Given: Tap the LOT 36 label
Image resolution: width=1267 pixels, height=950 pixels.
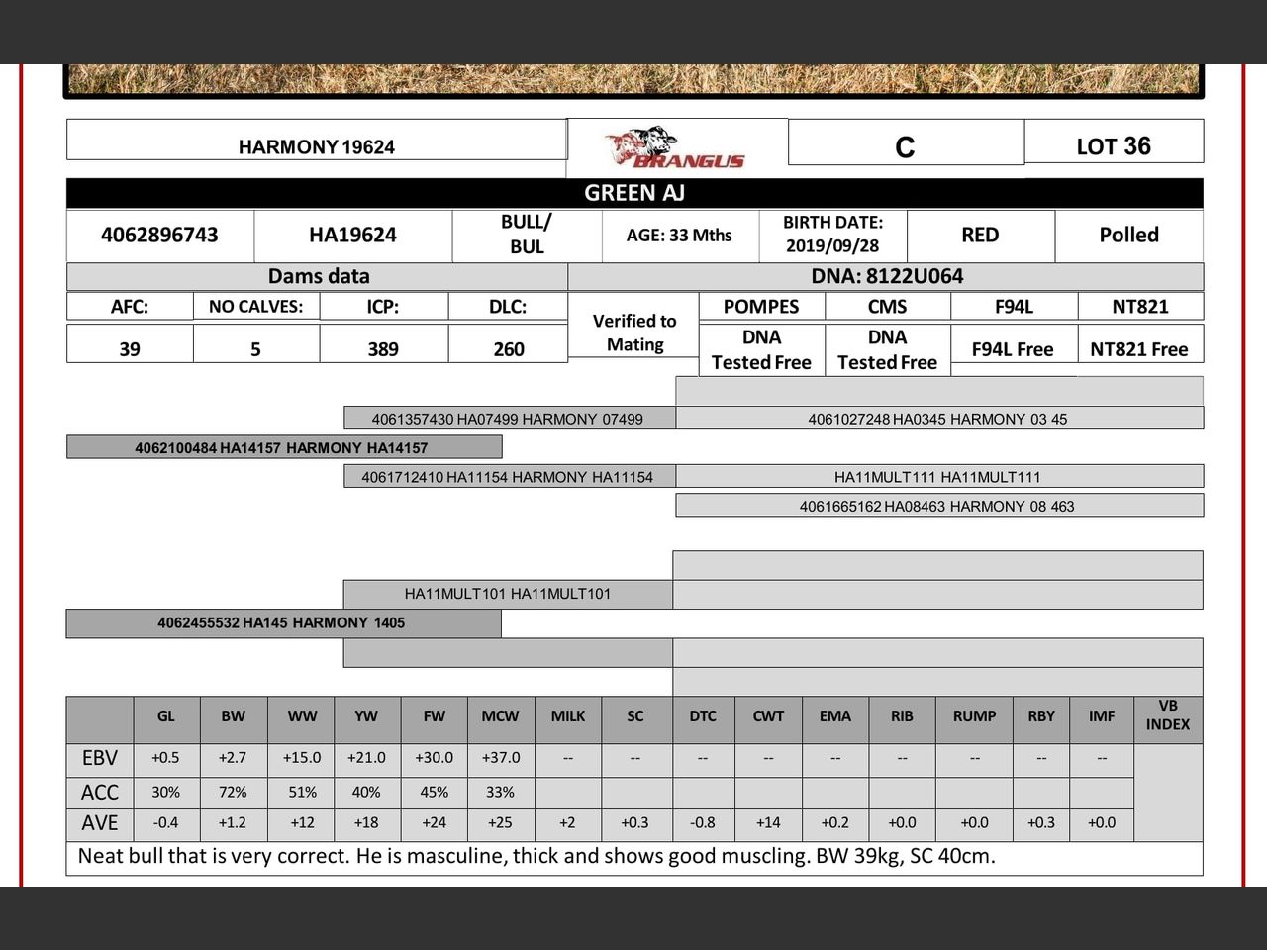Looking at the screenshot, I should click(x=1114, y=146).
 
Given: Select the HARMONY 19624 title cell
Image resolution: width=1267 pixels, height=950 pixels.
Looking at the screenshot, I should click(x=317, y=146).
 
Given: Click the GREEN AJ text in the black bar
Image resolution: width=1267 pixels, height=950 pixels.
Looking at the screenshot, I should click(x=634, y=193).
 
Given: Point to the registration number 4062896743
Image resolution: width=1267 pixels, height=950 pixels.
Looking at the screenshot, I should click(x=159, y=235).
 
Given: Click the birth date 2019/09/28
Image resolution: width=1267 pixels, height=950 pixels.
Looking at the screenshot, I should click(x=832, y=245).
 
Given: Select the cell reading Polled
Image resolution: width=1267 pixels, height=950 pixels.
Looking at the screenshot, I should click(x=1128, y=235).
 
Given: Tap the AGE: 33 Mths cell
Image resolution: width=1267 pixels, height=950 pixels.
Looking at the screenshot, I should click(x=679, y=235).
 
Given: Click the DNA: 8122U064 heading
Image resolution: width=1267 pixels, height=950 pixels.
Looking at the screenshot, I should click(x=887, y=276).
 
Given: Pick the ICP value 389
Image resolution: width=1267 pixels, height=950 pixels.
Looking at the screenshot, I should click(x=383, y=348).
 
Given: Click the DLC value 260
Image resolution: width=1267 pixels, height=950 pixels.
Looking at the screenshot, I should click(x=509, y=348).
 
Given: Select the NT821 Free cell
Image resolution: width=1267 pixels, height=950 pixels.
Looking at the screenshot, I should click(x=1139, y=349).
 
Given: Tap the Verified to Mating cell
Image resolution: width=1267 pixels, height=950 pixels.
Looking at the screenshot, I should click(x=634, y=332).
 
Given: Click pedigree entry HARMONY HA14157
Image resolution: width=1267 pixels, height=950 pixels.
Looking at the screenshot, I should click(x=282, y=447).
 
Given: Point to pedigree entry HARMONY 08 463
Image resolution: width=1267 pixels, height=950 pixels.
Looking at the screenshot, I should click(x=937, y=506).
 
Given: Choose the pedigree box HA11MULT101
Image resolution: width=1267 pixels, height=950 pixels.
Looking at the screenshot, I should click(x=508, y=594).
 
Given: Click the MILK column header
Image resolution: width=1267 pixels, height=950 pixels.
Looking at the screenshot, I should click(x=568, y=715).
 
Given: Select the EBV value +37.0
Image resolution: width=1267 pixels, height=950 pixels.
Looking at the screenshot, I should click(x=501, y=757).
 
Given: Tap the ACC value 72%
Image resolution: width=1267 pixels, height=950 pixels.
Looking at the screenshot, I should click(x=234, y=792).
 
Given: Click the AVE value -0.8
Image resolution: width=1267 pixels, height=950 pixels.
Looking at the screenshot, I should click(x=703, y=822).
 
